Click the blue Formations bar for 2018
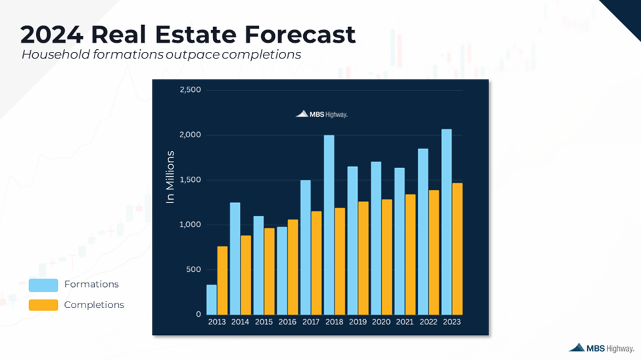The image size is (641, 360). (329, 225)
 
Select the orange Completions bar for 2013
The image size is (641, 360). (222, 281)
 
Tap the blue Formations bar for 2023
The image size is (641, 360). (446, 221)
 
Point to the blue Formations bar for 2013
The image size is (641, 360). (212, 300)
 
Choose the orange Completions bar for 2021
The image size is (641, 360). (410, 254)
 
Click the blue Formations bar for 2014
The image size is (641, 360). (235, 258)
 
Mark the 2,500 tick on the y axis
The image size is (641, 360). (190, 90)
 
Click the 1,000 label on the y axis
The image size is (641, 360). (190, 225)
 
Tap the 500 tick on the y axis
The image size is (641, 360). (193, 269)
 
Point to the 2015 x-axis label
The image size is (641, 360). (264, 323)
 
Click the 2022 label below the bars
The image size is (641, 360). (428, 323)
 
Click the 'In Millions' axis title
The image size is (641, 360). (170, 177)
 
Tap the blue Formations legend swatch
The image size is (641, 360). (43, 285)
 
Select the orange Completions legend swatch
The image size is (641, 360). (43, 305)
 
